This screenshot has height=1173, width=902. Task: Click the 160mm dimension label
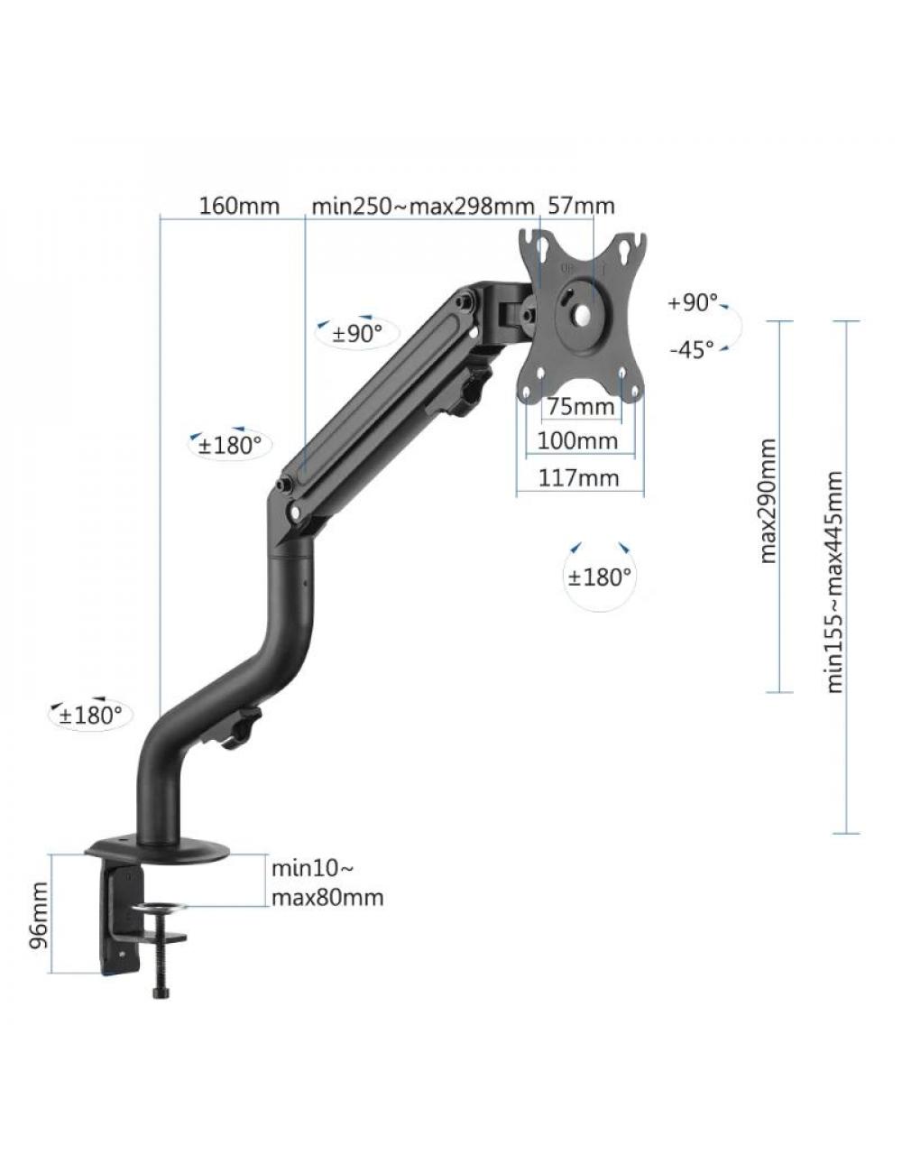239,206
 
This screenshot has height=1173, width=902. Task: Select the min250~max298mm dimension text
423,206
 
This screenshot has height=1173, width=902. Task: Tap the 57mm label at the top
582,206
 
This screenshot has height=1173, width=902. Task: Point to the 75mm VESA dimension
581,407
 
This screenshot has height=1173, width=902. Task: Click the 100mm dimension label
577,441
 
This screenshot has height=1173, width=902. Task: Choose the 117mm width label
579,477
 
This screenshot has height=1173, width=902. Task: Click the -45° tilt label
692,349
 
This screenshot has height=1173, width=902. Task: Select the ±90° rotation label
357,334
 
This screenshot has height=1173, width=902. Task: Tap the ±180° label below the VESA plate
600,577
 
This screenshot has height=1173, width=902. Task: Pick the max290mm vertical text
768,501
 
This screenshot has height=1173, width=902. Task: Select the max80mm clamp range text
327,898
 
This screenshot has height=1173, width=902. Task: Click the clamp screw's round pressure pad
161,909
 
